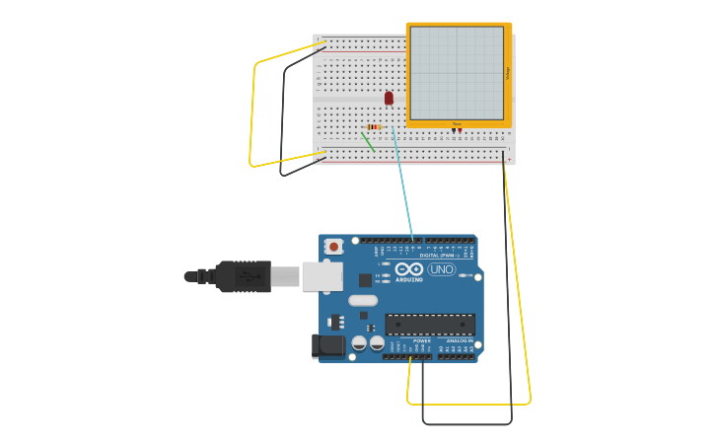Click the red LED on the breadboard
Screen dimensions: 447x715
click(x=389, y=98)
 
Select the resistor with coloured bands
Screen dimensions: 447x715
click(x=374, y=126)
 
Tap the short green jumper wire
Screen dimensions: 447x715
click(x=368, y=141)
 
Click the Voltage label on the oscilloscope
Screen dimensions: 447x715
click(x=508, y=73)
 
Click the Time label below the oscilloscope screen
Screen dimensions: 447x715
click(x=456, y=124)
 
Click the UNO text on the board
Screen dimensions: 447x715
click(x=441, y=269)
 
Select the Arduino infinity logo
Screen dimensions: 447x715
click(x=408, y=269)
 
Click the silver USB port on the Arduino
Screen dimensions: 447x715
click(x=322, y=276)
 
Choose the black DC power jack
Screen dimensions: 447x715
click(x=328, y=345)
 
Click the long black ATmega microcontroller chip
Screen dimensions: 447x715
click(x=430, y=324)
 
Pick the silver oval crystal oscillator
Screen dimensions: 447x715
click(x=363, y=300)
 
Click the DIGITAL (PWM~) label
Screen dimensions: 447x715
click(x=439, y=256)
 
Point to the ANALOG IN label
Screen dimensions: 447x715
click(x=459, y=340)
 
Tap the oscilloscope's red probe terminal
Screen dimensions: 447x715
click(x=460, y=130)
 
